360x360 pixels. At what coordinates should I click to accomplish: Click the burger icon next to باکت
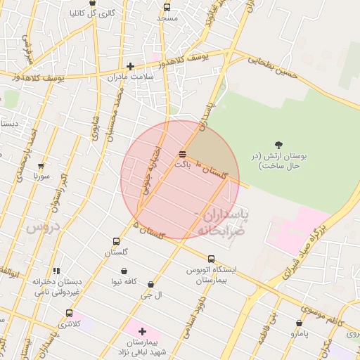183,153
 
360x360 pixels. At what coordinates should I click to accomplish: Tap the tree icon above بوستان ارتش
279,144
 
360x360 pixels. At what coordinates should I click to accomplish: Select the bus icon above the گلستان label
116,241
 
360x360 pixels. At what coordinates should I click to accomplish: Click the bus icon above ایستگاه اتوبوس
212,259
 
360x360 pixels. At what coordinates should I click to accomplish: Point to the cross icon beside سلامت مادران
130,66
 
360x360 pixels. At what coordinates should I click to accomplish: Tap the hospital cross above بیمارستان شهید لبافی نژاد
142,330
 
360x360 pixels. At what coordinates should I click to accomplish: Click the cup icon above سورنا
41,167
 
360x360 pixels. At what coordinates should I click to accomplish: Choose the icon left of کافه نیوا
124,271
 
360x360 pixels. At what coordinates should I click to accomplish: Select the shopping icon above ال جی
151,284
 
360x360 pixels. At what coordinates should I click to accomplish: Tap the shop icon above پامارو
300,324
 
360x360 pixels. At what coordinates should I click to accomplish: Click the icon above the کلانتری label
68,313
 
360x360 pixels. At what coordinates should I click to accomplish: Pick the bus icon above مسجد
167,7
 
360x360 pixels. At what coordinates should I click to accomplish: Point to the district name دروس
40,229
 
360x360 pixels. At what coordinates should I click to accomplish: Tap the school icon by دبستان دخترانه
56,271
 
